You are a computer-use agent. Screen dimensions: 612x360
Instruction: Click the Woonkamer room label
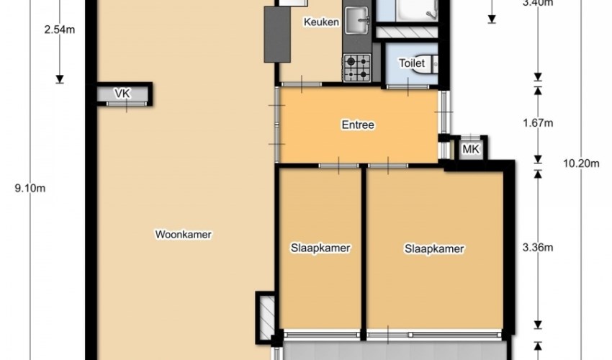click(183, 234)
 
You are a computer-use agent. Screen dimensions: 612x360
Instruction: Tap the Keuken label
click(321, 22)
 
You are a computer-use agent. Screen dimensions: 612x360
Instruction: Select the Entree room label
click(358, 125)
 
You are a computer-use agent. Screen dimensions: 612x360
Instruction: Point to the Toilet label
click(412, 63)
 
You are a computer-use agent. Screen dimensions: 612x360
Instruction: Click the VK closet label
click(122, 94)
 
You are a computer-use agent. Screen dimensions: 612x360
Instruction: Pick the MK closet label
click(471, 149)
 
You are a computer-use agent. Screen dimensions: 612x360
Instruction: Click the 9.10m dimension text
click(30, 188)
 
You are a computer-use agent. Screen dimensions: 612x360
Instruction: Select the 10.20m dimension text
click(581, 163)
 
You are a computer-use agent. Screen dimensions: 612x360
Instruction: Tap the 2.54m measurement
click(59, 30)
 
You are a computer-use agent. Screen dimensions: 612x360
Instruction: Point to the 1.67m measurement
click(538, 123)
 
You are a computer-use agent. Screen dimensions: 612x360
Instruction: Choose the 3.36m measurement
click(538, 247)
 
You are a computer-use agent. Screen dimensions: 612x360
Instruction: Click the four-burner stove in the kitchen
click(356, 68)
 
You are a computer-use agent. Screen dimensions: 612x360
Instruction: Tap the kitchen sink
click(357, 21)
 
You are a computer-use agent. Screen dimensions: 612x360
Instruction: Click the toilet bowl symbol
click(431, 63)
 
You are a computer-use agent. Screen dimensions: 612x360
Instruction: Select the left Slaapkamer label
click(320, 248)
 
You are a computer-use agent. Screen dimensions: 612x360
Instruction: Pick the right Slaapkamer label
click(434, 248)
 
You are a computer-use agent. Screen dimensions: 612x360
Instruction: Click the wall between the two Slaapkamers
click(364, 251)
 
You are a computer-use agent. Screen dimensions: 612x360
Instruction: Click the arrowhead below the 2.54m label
click(59, 79)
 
